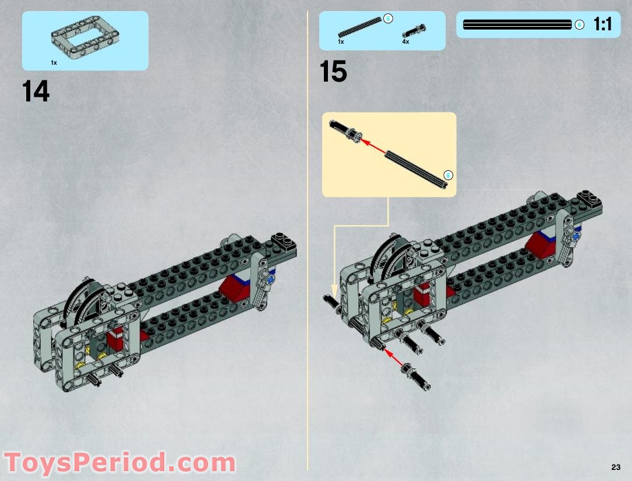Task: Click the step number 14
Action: click(36, 92)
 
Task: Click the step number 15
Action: click(333, 72)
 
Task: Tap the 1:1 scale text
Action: click(602, 24)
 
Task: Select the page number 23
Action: click(616, 467)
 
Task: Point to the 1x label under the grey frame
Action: click(54, 62)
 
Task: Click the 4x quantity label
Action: click(405, 42)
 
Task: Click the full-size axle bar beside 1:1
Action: click(517, 24)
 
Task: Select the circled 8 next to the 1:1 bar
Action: click(579, 24)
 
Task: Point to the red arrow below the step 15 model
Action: click(396, 360)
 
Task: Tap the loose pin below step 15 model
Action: click(418, 377)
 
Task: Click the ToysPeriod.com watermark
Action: click(119, 464)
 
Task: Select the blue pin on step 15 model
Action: click(576, 237)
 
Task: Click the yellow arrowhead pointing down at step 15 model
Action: click(334, 289)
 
